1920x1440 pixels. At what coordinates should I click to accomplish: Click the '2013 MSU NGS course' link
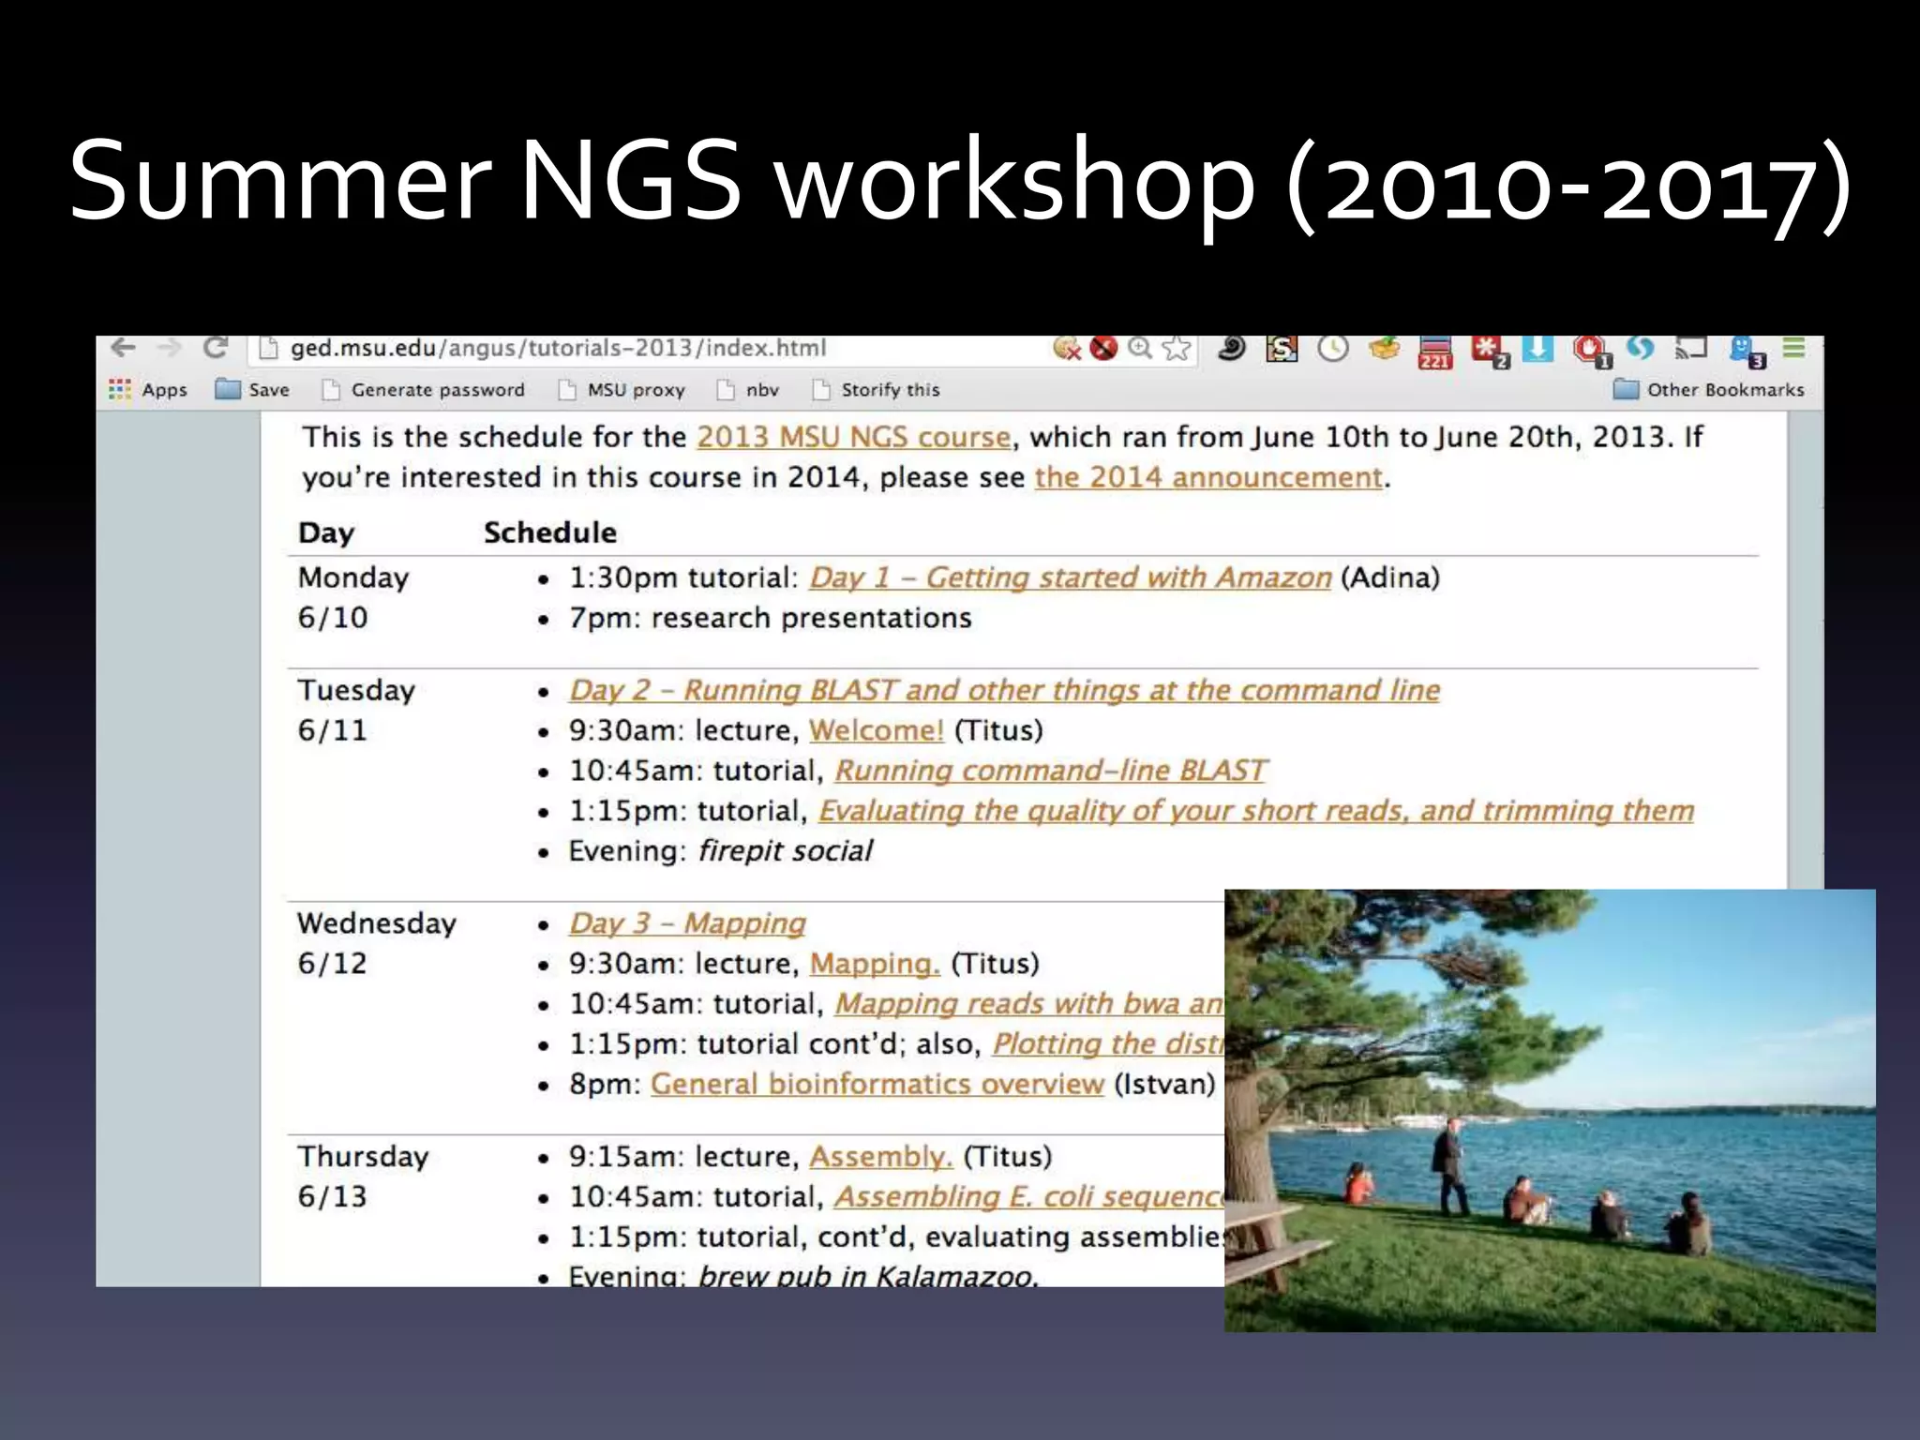pyautogui.click(x=853, y=437)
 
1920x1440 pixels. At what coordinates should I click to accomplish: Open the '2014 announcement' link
pyautogui.click(x=1208, y=477)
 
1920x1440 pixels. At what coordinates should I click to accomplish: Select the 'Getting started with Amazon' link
pyautogui.click(x=1070, y=577)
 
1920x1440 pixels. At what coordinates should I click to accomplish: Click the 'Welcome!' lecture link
pyautogui.click(x=876, y=730)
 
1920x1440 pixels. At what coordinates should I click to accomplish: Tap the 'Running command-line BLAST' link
pyautogui.click(x=1050, y=771)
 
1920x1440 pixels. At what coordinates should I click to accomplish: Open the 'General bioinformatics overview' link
pyautogui.click(x=877, y=1084)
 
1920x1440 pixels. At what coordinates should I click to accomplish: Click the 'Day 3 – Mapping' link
pyautogui.click(x=687, y=923)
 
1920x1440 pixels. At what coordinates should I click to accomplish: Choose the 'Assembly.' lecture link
pyautogui.click(x=880, y=1157)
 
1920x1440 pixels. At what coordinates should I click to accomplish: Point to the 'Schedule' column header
pyautogui.click(x=550, y=532)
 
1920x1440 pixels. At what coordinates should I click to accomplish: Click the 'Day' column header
pyautogui.click(x=326, y=532)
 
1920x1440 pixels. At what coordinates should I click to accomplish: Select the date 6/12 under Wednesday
pyautogui.click(x=332, y=964)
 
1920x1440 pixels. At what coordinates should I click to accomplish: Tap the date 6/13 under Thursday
pyautogui.click(x=332, y=1197)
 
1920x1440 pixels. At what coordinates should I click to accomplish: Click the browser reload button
pyautogui.click(x=216, y=349)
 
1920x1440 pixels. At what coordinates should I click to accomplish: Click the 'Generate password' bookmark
pyautogui.click(x=437, y=390)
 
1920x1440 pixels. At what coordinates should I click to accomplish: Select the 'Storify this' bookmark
pyautogui.click(x=889, y=390)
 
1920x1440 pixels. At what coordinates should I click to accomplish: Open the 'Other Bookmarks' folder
pyautogui.click(x=1724, y=390)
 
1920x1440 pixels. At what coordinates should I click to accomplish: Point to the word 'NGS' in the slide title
pyautogui.click(x=630, y=180)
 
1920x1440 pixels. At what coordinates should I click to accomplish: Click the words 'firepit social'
pyautogui.click(x=786, y=851)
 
